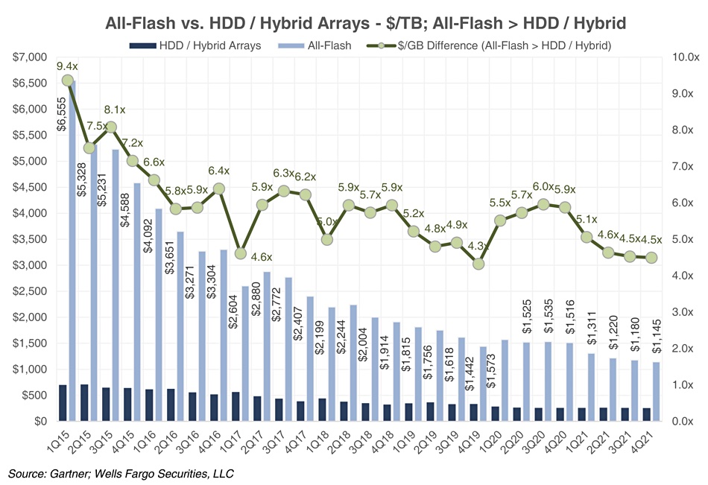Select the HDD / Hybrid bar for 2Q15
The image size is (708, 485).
84,403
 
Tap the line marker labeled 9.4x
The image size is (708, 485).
68,80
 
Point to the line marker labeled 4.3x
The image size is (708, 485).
478,264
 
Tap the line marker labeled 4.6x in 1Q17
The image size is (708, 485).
240,254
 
